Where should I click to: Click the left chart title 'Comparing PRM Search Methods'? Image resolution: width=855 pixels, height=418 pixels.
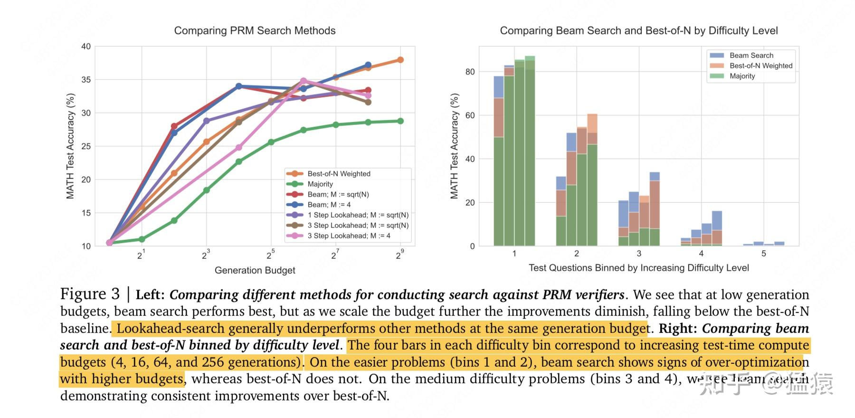(x=255, y=31)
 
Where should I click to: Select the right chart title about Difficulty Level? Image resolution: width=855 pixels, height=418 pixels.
(x=638, y=31)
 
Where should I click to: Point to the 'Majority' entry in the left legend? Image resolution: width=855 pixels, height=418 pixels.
(x=320, y=184)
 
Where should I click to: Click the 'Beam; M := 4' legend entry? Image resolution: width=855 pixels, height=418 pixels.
(x=329, y=205)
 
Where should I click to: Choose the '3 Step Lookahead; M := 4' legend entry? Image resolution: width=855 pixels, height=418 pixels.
(x=349, y=236)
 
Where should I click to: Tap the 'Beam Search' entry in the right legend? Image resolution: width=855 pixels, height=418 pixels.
(x=751, y=56)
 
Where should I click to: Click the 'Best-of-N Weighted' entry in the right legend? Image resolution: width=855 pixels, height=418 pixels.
(x=760, y=66)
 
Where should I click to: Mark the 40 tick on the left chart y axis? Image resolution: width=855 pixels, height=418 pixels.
(x=86, y=47)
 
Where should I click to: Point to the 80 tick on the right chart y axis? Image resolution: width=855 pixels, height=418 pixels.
(x=470, y=72)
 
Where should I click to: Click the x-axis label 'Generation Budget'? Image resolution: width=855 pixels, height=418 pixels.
(x=255, y=270)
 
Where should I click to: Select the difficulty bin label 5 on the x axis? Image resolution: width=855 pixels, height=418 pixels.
(x=763, y=254)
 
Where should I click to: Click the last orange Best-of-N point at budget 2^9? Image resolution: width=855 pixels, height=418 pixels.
(x=400, y=60)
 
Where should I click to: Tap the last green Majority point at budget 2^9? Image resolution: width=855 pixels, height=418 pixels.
(x=400, y=121)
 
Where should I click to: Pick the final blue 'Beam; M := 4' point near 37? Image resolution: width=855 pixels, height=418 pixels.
(x=368, y=65)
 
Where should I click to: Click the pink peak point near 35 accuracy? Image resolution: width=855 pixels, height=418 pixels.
(x=304, y=81)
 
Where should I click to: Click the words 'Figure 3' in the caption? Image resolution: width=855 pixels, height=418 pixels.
(x=90, y=294)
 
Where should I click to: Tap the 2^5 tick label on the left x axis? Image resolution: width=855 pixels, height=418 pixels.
(x=270, y=255)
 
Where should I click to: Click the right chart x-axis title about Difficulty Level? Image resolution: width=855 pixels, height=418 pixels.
(x=638, y=268)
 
